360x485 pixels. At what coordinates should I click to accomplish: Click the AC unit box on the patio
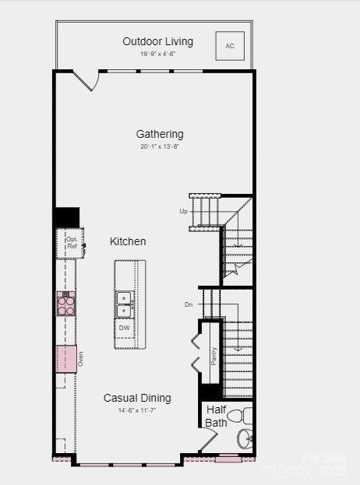pyautogui.click(x=230, y=46)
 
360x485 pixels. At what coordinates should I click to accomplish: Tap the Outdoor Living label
pyautogui.click(x=157, y=41)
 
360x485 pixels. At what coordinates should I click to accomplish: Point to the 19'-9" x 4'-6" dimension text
pyautogui.click(x=157, y=54)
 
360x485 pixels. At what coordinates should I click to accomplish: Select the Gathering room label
pyautogui.click(x=160, y=134)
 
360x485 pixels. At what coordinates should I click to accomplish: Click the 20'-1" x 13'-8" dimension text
pyautogui.click(x=160, y=146)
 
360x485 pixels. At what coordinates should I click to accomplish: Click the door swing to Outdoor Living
pyautogui.click(x=86, y=79)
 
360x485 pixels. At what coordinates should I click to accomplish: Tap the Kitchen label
pyautogui.click(x=128, y=241)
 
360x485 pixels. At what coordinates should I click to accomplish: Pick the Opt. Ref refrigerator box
pyautogui.click(x=71, y=242)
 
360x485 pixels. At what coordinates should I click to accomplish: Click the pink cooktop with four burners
pyautogui.click(x=65, y=302)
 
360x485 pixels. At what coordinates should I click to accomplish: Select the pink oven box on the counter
pyautogui.click(x=65, y=357)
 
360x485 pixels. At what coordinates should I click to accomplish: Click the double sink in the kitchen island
pyautogui.click(x=125, y=304)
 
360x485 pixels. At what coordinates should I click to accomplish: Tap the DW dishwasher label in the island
pyautogui.click(x=125, y=328)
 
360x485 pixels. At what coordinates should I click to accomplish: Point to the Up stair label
pyautogui.click(x=183, y=211)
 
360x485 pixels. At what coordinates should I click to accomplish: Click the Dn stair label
pyautogui.click(x=188, y=304)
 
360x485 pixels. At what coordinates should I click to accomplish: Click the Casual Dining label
pyautogui.click(x=137, y=398)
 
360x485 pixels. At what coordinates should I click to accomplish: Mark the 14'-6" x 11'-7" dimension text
pyautogui.click(x=137, y=410)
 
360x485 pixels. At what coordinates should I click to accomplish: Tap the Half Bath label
pyautogui.click(x=217, y=416)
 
